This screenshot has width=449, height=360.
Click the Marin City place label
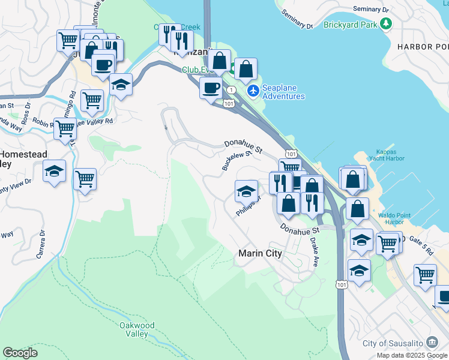pos(260,253)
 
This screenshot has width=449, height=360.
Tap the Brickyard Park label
pos(350,25)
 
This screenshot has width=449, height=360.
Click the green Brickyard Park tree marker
pos(387,24)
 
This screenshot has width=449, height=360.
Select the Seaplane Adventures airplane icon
pos(253,91)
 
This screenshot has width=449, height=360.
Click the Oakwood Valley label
pos(136,329)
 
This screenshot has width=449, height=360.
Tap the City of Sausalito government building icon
pos(431,343)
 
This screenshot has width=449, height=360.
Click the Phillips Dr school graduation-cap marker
pos(246,192)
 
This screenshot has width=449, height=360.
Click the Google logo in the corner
pos(20,353)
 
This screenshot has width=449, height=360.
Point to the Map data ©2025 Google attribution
pos(412,355)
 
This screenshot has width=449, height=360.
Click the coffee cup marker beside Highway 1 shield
pos(211,89)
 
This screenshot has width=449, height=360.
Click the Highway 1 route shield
pos(231,89)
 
